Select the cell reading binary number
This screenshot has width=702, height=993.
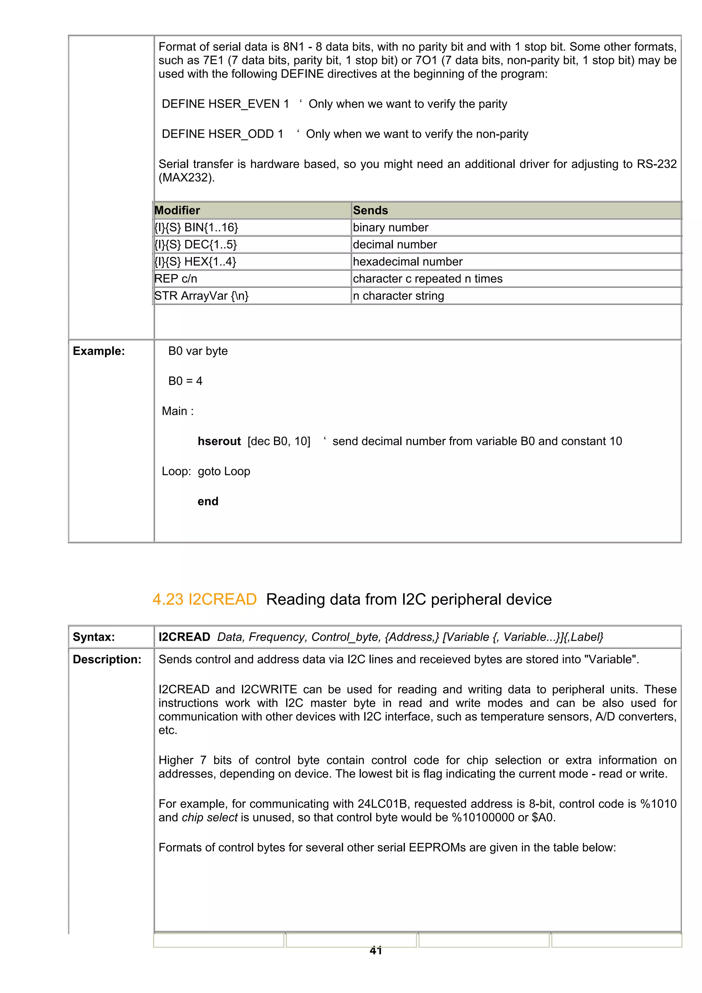390,228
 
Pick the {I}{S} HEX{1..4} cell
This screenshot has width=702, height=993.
195,262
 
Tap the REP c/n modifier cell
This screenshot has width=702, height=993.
175,279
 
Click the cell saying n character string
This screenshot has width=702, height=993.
398,296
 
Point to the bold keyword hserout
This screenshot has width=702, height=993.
219,441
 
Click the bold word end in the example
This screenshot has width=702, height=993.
208,501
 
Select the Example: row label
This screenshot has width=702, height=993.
99,351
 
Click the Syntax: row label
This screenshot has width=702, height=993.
94,637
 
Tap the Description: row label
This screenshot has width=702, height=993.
107,660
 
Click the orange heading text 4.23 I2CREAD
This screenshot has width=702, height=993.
205,599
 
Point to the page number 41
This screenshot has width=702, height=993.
375,950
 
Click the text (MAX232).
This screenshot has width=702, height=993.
186,178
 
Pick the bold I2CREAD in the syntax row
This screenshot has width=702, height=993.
184,637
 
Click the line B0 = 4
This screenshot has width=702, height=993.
185,381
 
